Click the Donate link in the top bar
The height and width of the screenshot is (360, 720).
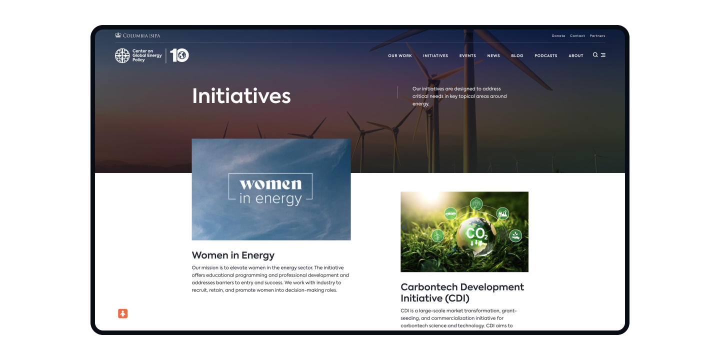(x=558, y=36)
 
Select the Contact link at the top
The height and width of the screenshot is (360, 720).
(x=577, y=36)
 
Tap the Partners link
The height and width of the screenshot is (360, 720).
(x=597, y=36)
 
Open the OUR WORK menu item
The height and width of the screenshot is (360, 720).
(x=400, y=55)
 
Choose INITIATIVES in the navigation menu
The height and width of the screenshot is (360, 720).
(x=435, y=55)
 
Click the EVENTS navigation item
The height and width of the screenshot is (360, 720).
(x=467, y=55)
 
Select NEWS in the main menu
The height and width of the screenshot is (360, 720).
(x=493, y=55)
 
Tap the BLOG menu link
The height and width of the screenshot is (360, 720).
(x=517, y=55)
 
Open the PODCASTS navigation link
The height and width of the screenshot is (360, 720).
(x=545, y=55)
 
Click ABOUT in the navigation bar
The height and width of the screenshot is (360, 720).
(x=575, y=55)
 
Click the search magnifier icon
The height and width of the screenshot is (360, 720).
(x=595, y=55)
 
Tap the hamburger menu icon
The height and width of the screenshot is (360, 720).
(x=603, y=55)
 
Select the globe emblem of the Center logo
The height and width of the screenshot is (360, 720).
(x=122, y=55)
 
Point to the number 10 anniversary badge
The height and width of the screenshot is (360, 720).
(x=179, y=55)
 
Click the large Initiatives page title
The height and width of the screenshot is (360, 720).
(x=241, y=96)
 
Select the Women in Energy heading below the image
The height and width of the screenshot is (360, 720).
(x=233, y=255)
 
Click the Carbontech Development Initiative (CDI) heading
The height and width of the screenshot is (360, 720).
(x=462, y=292)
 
